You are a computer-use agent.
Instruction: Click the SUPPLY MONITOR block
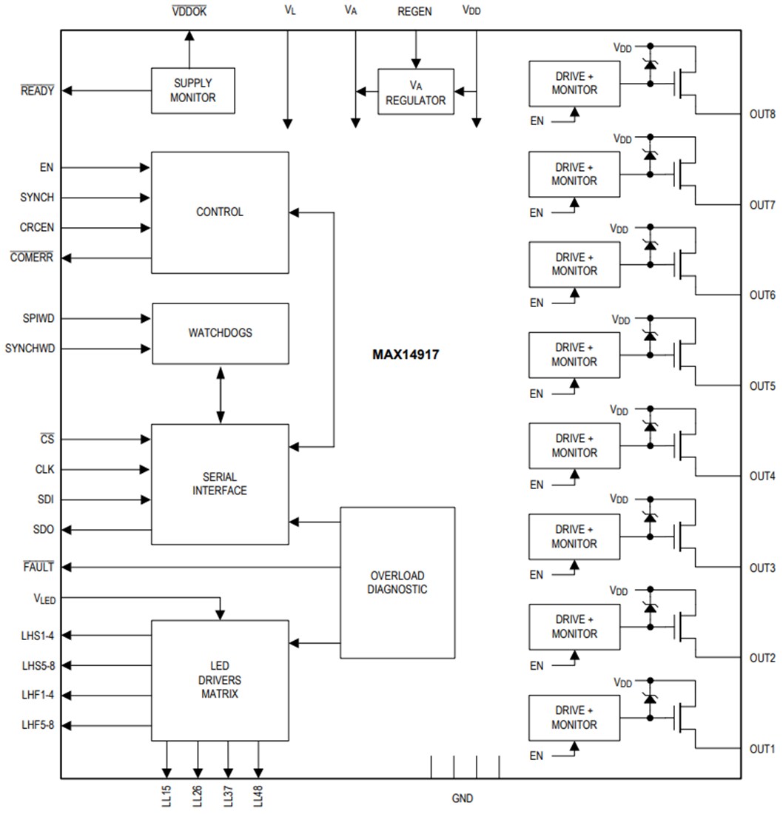[x=193, y=90]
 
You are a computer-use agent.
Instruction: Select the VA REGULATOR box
[x=415, y=92]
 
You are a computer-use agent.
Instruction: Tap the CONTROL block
[x=220, y=212]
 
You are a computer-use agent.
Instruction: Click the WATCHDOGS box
[x=220, y=333]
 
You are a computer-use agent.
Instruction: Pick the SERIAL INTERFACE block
[x=220, y=484]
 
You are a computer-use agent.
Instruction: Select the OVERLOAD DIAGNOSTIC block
[x=397, y=582]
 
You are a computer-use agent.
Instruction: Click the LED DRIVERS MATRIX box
[x=220, y=679]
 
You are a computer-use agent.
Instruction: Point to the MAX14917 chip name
[x=406, y=354]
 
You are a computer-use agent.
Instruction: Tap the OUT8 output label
[x=762, y=114]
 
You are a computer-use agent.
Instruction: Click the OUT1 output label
[x=762, y=749]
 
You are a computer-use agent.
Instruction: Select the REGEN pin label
[x=414, y=11]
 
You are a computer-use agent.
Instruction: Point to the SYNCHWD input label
[x=30, y=348]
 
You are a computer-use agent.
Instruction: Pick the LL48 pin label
[x=258, y=796]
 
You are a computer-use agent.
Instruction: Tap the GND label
[x=463, y=798]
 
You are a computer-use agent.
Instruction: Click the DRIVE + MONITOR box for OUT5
[x=574, y=354]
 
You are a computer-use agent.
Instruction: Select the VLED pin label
[x=44, y=598]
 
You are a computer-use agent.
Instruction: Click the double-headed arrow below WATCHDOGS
[x=220, y=394]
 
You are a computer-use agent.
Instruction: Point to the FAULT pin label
[x=38, y=567]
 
